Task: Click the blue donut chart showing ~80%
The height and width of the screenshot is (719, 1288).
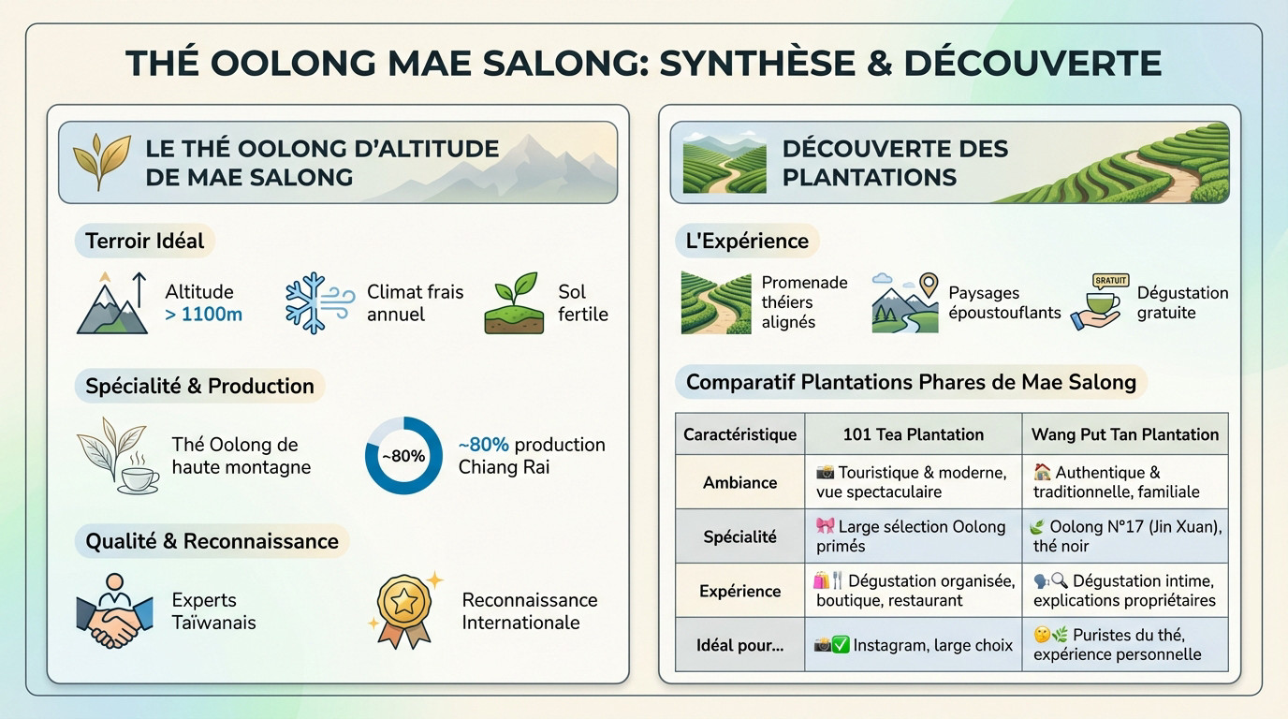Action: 403,456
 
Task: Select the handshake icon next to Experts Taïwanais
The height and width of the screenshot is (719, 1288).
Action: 114,611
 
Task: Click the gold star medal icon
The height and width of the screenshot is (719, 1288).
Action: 404,609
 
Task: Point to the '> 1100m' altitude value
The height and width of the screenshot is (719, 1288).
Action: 203,315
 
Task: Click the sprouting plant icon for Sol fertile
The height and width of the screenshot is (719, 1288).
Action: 514,303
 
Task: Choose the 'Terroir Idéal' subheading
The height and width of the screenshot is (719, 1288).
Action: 144,241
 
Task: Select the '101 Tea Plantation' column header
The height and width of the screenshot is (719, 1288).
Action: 913,434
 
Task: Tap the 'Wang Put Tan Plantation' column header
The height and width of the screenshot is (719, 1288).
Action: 1124,434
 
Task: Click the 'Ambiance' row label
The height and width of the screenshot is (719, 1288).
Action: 739,482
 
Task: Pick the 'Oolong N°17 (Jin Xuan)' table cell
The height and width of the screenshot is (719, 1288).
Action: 1127,536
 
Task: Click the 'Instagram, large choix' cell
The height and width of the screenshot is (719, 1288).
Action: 913,645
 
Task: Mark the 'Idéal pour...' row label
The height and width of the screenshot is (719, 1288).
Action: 739,645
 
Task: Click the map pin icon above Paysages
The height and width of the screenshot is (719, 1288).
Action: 928,285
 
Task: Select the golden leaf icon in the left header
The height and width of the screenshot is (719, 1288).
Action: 100,162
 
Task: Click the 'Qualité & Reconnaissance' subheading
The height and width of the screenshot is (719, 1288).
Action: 212,541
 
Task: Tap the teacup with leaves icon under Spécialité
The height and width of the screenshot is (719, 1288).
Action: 118,456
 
